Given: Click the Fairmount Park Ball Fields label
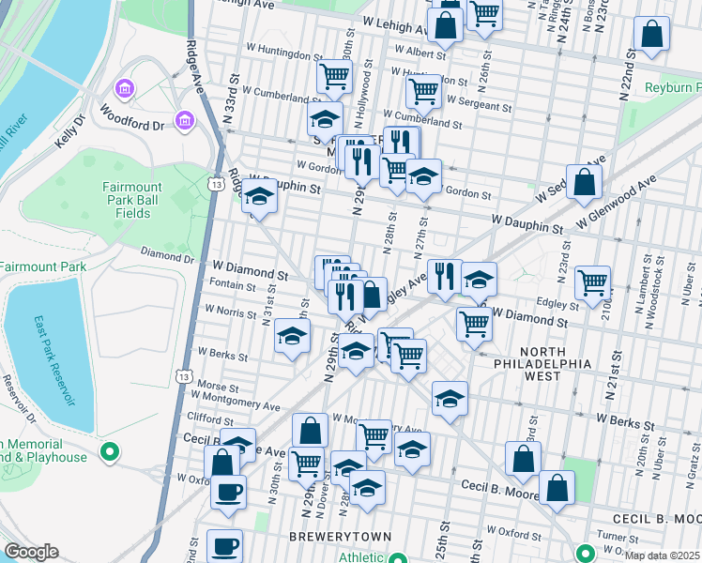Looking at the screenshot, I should pos(127,201).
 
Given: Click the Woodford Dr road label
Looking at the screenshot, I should pos(142,124).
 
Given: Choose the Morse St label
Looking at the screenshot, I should pos(218,387).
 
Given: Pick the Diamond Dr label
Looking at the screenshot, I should pos(167,254).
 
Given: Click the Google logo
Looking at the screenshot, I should pos(31,552).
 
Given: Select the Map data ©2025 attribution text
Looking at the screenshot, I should pos(662,556).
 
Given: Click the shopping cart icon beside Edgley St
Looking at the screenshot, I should pos(592,281).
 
